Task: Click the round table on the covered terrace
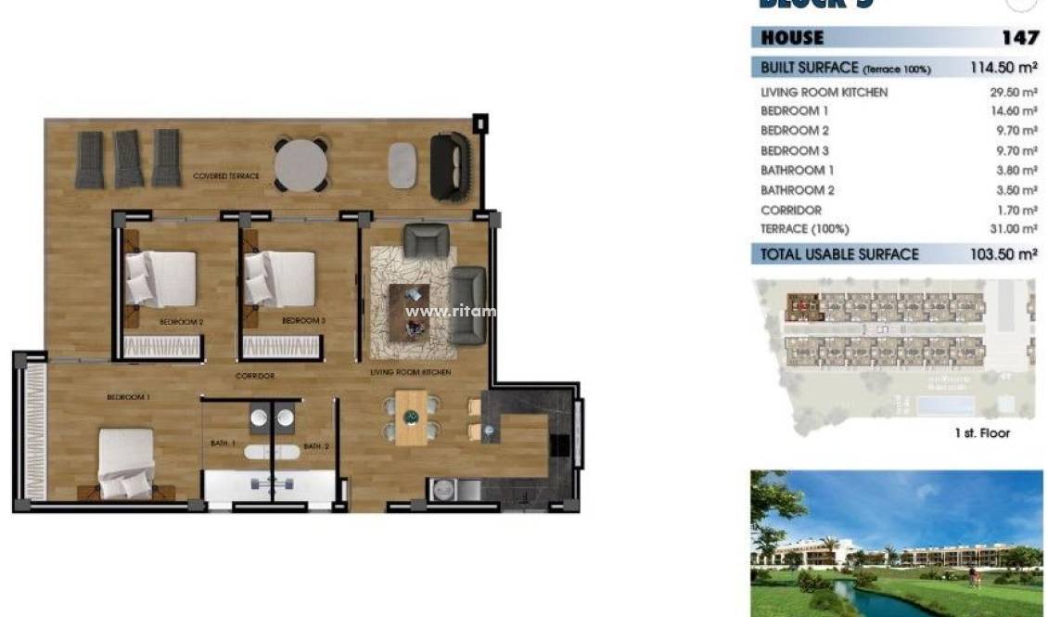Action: (300, 164)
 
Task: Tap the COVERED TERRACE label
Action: (226, 176)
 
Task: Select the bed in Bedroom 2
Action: (160, 277)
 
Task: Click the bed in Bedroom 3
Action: (280, 277)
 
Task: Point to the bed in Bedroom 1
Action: (126, 461)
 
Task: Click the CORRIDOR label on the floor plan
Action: (254, 376)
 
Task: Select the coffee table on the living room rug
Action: (409, 312)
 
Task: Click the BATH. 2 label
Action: (317, 446)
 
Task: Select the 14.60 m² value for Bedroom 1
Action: (1013, 111)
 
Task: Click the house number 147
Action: (1019, 38)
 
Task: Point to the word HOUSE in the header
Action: (792, 38)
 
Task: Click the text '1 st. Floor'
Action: (982, 433)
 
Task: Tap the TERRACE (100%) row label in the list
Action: (804, 229)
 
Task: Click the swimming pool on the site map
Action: (944, 405)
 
